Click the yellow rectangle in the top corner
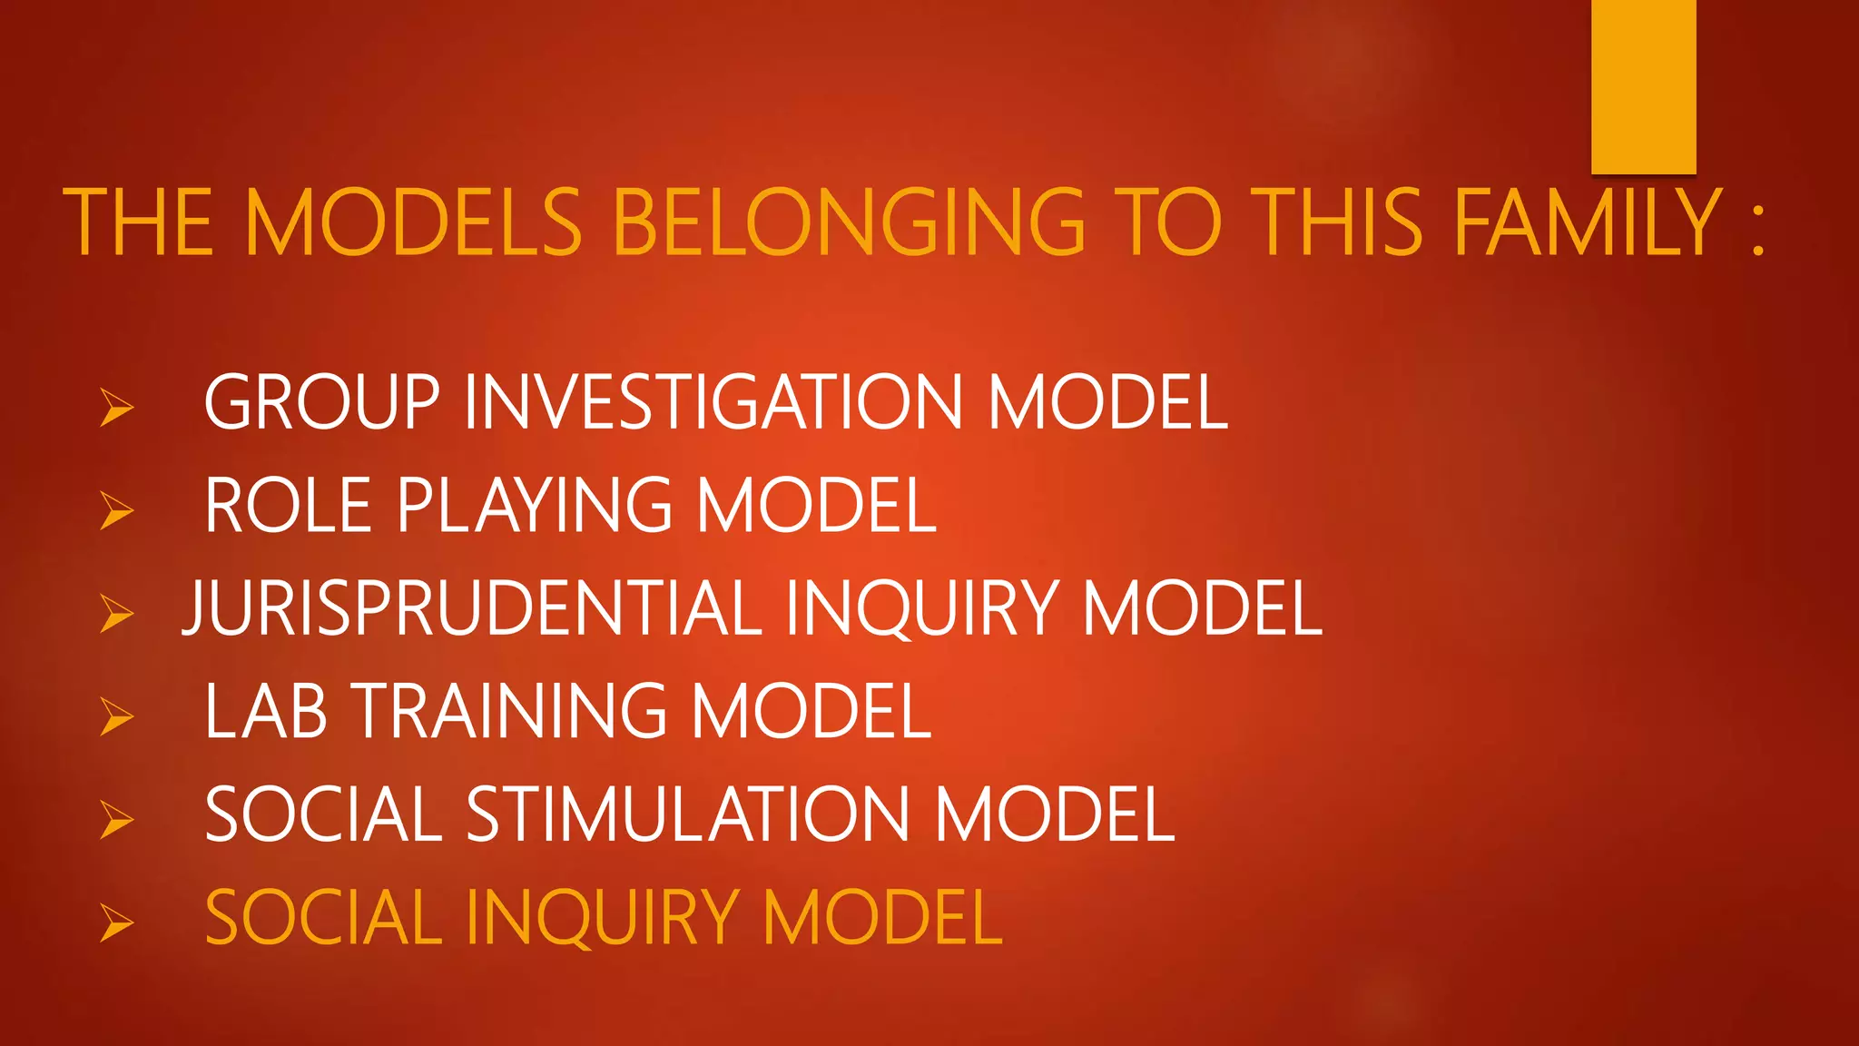pyautogui.click(x=1643, y=86)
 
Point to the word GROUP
pyautogui.click(x=322, y=402)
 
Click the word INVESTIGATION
pyautogui.click(x=713, y=402)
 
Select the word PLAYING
pyautogui.click(x=535, y=507)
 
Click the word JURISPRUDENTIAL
pyautogui.click(x=472, y=608)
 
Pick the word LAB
pyautogui.click(x=265, y=711)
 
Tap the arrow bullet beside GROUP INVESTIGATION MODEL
pyautogui.click(x=117, y=407)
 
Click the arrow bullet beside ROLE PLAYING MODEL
pyautogui.click(x=117, y=509)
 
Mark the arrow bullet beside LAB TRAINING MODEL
pyautogui.click(x=117, y=716)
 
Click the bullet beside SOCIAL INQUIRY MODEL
pyautogui.click(x=117, y=923)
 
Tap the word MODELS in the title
pyautogui.click(x=413, y=222)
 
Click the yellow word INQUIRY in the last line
pyautogui.click(x=603, y=918)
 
